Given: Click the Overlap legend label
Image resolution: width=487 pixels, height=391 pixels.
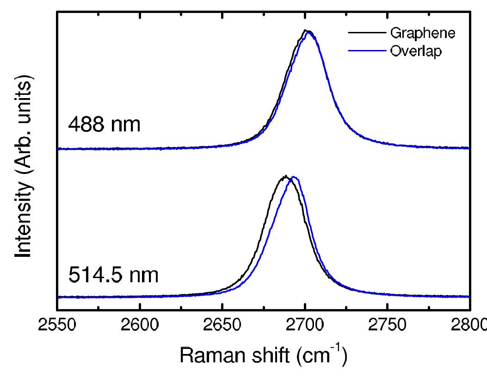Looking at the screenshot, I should tap(416, 51).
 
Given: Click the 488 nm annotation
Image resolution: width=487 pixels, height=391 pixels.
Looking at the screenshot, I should tap(104, 124).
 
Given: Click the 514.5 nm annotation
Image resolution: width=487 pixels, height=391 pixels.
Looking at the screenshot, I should tap(114, 276).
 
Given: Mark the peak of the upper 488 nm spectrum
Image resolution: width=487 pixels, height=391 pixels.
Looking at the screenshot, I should tap(307, 31).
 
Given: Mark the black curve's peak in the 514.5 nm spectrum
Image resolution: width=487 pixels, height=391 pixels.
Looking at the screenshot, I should tap(285, 177).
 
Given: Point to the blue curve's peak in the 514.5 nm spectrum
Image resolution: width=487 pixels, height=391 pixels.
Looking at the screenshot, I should tap(293, 177).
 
